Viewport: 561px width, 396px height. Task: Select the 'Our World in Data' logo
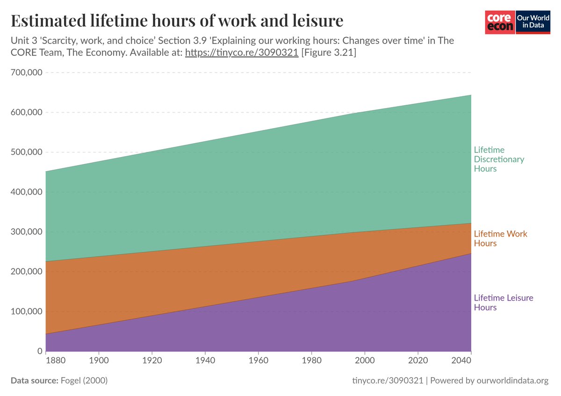coord(532,22)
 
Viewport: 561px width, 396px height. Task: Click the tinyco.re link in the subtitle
coord(241,53)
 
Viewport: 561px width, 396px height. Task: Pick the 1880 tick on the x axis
coord(46,362)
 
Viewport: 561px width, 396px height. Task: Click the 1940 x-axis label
coord(205,362)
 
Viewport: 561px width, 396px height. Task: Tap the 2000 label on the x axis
coord(365,362)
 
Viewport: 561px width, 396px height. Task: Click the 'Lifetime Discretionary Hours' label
coord(499,159)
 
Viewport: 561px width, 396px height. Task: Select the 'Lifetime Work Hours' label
coord(500,238)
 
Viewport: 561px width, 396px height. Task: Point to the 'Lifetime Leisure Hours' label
coord(503,302)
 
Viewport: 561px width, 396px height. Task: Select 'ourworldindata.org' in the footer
coord(512,381)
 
